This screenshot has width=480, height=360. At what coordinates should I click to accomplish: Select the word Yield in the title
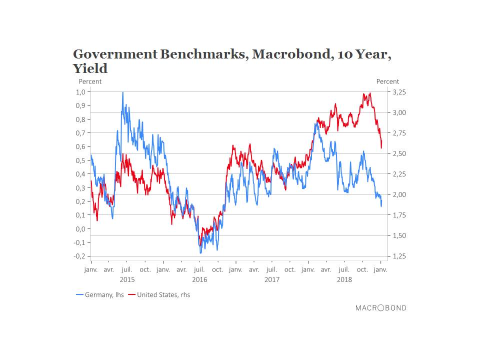click(x=90, y=68)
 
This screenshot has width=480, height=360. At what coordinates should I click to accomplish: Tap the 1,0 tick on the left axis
click(x=80, y=92)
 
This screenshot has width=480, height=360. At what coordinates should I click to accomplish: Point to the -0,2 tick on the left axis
click(x=79, y=256)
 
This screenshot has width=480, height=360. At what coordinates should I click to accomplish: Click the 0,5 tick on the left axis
click(x=80, y=160)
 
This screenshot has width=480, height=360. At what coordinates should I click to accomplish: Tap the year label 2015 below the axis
click(x=127, y=279)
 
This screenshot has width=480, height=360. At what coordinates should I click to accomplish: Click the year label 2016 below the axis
click(x=199, y=279)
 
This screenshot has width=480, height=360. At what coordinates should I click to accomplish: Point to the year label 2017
click(x=271, y=279)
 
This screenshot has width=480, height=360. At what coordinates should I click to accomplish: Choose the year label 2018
click(x=344, y=279)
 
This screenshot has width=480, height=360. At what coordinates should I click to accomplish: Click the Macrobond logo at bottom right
click(x=380, y=308)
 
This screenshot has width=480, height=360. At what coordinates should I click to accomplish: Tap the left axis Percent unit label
click(x=90, y=81)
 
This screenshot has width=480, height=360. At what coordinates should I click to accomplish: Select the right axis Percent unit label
click(x=387, y=81)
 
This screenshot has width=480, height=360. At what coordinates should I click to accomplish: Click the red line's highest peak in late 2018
click(x=369, y=93)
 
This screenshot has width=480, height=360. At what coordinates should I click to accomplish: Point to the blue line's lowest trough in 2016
click(x=201, y=252)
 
